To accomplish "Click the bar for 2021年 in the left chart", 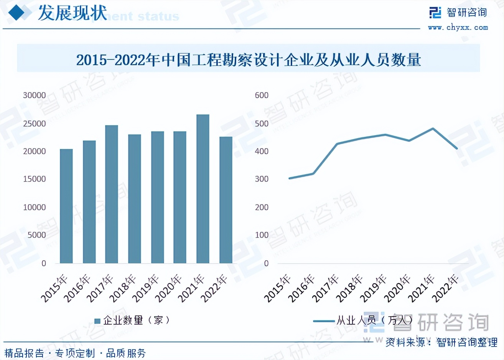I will (x=203, y=189).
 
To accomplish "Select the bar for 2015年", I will (x=66, y=206).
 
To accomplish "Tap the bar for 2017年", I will (x=112, y=194).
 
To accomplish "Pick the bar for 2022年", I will (x=226, y=200).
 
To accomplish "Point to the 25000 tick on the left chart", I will (x=34, y=124).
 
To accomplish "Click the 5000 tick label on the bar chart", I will (x=36, y=235).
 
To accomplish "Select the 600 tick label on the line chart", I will (x=262, y=95).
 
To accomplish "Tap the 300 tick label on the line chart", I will (x=262, y=179).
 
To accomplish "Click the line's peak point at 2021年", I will (x=433, y=129).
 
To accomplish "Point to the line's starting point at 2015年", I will (x=289, y=178).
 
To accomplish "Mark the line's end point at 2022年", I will (x=457, y=148).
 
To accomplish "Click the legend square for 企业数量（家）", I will (x=97, y=321).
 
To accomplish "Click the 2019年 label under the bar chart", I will (x=146, y=288).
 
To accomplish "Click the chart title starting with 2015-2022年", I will (x=249, y=60).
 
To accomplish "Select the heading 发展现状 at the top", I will (x=72, y=13).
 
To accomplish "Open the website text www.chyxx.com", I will (x=458, y=28).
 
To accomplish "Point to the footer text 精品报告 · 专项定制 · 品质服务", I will (x=75, y=353).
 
